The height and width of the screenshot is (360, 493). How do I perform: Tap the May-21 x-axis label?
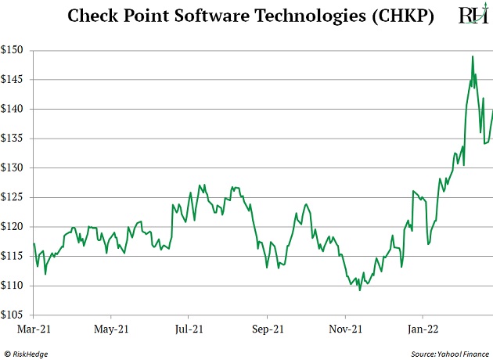[111, 329]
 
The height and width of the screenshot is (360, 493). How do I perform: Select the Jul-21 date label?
[189, 329]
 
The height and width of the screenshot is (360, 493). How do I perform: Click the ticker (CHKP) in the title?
[401, 16]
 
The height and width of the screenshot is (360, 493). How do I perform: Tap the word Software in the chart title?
[199, 16]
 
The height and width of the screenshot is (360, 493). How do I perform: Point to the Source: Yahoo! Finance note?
[448, 352]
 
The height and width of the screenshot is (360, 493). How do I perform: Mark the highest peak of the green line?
[473, 56]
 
